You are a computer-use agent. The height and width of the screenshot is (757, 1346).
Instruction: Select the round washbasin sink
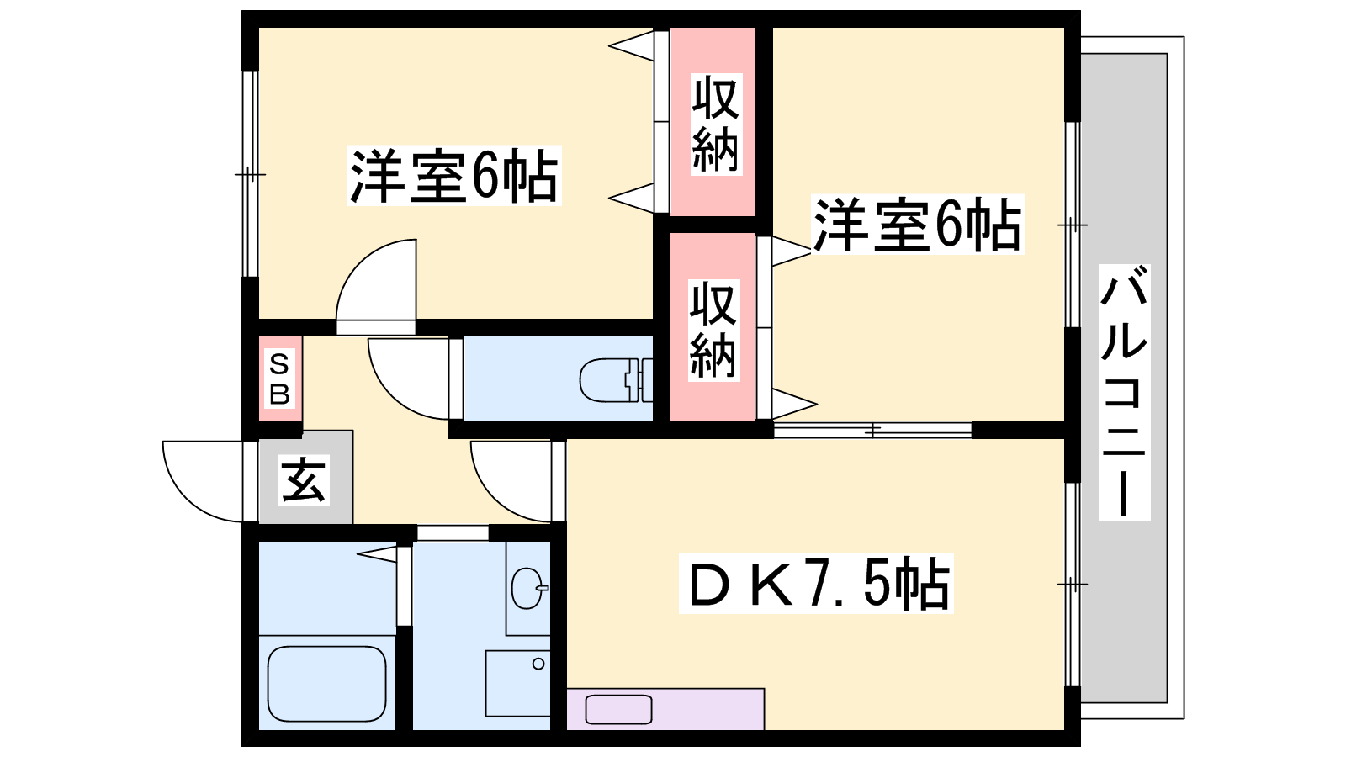pos(528,587)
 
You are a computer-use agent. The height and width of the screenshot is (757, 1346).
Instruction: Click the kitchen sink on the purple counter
pos(618,709)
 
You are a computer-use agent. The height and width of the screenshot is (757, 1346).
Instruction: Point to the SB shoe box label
pos(279,379)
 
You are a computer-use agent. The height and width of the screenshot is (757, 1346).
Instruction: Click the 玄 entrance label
pos(303,480)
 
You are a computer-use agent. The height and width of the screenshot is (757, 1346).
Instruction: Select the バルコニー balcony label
pos(1124,391)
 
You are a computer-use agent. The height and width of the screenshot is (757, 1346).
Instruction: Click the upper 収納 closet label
pos(715,124)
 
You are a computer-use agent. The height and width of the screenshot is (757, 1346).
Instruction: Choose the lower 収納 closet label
pos(713,330)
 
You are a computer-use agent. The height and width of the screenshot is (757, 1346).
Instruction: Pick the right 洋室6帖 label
pos(917,225)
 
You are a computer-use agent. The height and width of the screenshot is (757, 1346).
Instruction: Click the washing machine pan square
pos(517,682)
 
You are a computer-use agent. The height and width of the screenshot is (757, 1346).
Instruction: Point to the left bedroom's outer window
pos(249,174)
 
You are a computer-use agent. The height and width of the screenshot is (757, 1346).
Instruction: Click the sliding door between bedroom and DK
pos(872,430)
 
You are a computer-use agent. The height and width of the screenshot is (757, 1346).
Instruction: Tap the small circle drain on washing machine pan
pos(538,664)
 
